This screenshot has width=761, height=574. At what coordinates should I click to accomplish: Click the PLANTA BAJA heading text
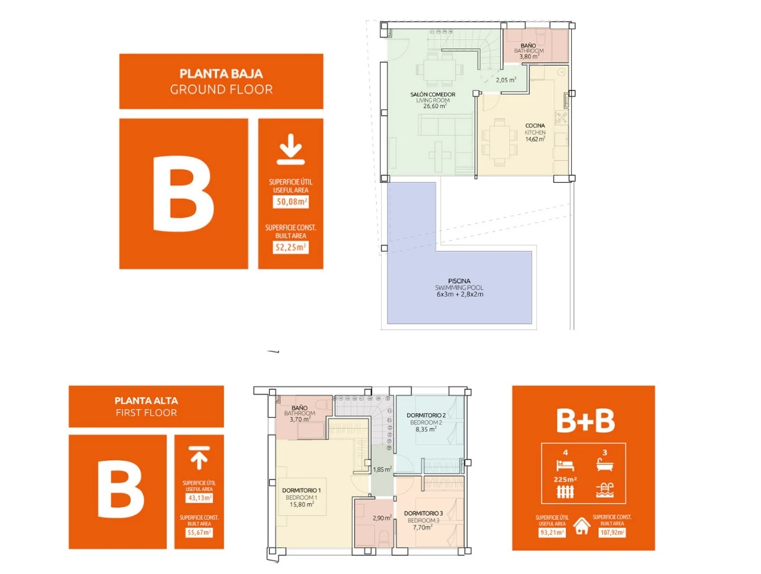point(221,74)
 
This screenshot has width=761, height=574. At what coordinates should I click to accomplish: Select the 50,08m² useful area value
point(291,201)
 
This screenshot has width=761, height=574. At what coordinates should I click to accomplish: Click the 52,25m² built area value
point(291,247)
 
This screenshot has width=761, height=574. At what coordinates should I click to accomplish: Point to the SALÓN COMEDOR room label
point(433,95)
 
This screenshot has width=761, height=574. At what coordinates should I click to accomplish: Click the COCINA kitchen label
point(535,125)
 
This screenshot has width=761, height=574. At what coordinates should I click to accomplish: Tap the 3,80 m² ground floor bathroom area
point(529,56)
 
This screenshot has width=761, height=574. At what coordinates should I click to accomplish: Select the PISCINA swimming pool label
point(459,281)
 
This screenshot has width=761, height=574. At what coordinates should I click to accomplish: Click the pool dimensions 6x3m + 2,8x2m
point(460,294)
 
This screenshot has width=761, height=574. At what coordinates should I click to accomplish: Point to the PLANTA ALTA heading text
point(146,401)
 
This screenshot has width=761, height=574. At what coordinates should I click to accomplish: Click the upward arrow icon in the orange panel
point(199,458)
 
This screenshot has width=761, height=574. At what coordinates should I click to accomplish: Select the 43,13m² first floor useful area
point(199,498)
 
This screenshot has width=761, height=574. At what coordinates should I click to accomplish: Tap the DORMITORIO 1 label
point(301,490)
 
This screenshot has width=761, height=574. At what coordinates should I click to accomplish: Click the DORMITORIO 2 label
point(426,415)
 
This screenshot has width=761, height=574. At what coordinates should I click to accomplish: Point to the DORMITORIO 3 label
point(423,514)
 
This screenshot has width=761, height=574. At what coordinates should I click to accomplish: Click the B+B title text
point(585,421)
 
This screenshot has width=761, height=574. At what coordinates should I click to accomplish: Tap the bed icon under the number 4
point(565,465)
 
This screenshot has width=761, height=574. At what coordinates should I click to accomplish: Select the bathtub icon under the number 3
point(605,465)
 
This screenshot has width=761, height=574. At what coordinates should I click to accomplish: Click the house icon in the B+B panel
point(582,526)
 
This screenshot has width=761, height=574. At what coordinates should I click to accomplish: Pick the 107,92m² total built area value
point(612,532)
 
